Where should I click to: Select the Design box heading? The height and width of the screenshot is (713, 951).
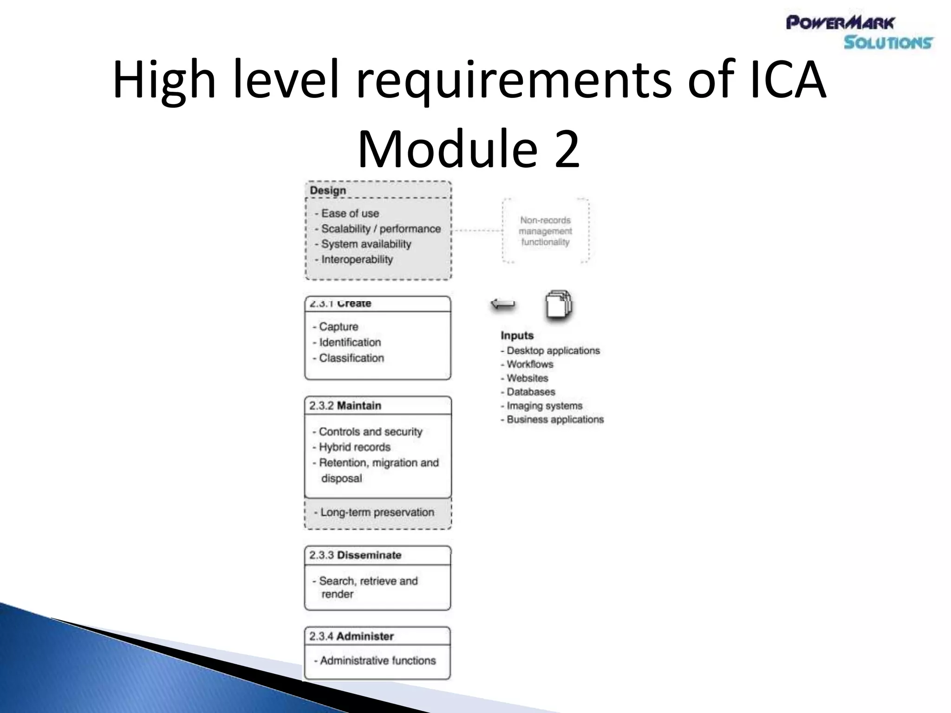pos(328,190)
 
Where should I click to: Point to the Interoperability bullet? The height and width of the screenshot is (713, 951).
pos(357,259)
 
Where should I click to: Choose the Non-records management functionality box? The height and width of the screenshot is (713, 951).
pos(545,231)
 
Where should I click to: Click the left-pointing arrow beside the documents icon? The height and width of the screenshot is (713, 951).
pos(503,305)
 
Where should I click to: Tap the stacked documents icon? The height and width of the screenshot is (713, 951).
pos(559,305)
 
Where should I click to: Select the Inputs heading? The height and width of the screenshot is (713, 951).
pos(517,336)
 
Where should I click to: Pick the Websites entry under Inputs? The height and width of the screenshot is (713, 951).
pos(527,378)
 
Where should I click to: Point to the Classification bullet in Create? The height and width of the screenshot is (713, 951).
pos(351,358)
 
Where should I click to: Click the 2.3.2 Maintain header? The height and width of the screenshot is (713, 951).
pos(345,406)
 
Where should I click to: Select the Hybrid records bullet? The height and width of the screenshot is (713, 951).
pos(354,447)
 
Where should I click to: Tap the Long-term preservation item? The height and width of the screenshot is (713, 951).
pos(377,512)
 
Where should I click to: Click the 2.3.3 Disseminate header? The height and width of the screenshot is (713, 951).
pos(355,555)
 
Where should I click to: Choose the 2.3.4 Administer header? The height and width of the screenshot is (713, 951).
pos(352,636)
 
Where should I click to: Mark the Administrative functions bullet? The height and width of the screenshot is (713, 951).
pos(377,661)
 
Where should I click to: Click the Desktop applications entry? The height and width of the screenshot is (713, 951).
pos(553,351)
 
